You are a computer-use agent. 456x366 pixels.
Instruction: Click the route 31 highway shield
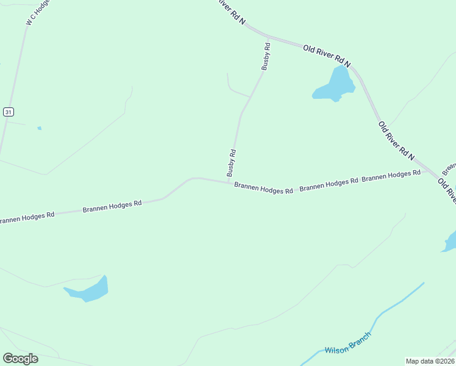(8, 112)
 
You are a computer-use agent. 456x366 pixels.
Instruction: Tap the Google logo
(20, 359)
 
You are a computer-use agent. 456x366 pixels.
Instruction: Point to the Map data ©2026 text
(430, 361)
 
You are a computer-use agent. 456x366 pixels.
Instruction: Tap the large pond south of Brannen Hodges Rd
(90, 290)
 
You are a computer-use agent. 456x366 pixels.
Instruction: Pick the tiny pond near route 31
(40, 128)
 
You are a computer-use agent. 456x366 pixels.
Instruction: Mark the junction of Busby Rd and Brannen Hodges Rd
(229, 182)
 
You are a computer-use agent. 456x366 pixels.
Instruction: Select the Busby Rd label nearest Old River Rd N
(266, 56)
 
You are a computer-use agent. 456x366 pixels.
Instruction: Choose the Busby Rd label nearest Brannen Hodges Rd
(232, 163)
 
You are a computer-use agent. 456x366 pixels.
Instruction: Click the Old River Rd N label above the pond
(327, 56)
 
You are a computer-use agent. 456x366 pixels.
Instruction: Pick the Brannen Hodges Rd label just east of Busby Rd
(263, 190)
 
